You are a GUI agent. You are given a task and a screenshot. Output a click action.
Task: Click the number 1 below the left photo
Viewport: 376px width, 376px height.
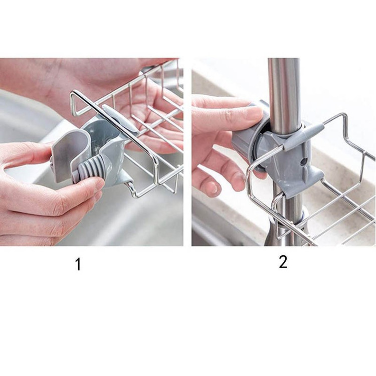tap(78, 264)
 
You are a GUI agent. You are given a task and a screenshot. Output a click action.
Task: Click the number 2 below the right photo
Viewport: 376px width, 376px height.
tap(283, 262)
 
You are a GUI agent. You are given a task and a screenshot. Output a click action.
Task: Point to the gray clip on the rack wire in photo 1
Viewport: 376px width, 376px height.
tap(120, 117)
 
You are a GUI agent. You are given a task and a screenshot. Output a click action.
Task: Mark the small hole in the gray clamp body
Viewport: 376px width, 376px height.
tap(304, 160)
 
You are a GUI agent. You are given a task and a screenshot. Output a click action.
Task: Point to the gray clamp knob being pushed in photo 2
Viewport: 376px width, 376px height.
tap(242, 144)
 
